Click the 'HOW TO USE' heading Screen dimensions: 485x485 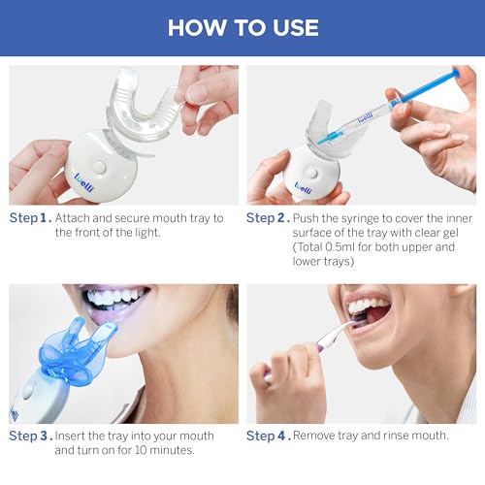tap(242, 26)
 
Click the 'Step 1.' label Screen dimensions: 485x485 tap(30, 217)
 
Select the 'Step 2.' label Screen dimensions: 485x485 tap(268, 217)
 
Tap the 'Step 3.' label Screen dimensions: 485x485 tap(30, 436)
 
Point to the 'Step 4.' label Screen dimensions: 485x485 tap(268, 436)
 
